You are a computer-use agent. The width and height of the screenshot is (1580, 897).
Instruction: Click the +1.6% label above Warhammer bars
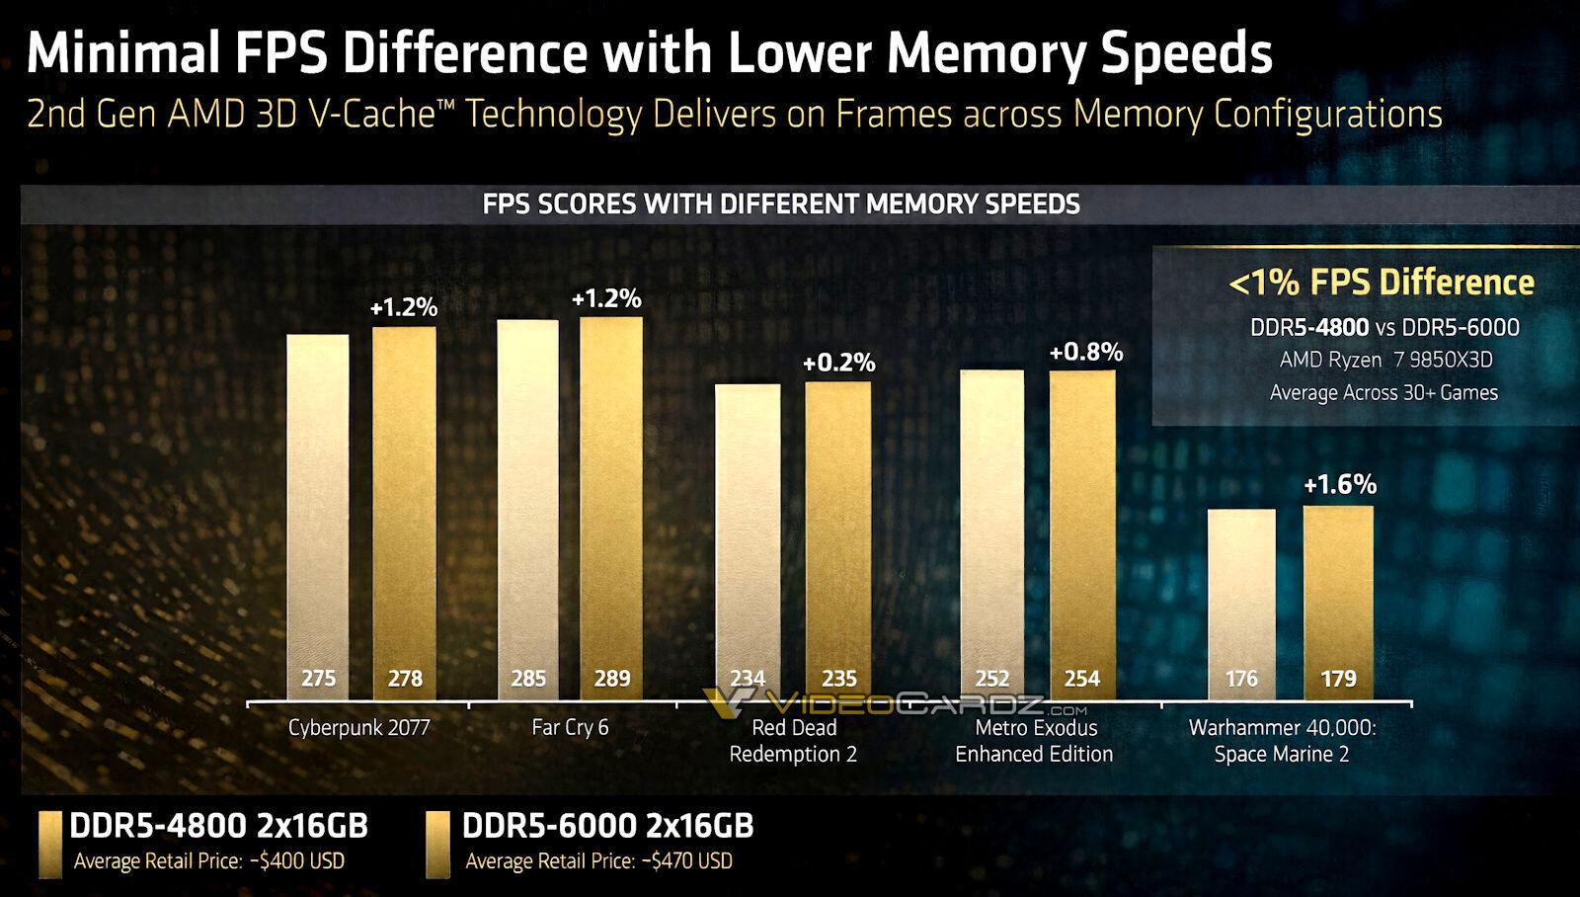coord(1339,484)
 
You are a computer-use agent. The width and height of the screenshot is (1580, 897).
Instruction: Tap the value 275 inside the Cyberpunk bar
coord(318,679)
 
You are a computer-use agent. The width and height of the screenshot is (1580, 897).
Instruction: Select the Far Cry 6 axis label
coord(570,728)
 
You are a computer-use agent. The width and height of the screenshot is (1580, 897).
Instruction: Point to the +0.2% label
coord(838,363)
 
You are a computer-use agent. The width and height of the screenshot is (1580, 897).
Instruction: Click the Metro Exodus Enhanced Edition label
coord(1034,741)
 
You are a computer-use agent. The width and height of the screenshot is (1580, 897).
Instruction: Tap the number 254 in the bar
coord(1081,679)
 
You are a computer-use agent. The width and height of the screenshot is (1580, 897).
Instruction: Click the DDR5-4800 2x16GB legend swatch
coord(49,845)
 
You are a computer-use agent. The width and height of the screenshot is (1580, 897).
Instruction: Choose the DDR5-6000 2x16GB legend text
coord(607,826)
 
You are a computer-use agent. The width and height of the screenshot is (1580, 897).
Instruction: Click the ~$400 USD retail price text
coord(298,861)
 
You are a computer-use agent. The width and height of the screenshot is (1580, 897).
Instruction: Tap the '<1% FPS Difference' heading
coord(1381,283)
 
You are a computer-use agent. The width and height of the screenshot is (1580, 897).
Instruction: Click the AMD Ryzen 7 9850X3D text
coord(1385,360)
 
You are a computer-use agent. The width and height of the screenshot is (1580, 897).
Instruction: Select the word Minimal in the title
coord(122,52)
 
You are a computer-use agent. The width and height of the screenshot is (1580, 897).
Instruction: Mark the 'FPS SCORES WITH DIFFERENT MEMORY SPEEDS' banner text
coord(780,204)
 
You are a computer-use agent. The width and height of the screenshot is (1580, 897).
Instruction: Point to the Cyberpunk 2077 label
coord(358,728)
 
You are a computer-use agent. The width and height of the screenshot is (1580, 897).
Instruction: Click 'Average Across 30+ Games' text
coord(1382,392)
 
